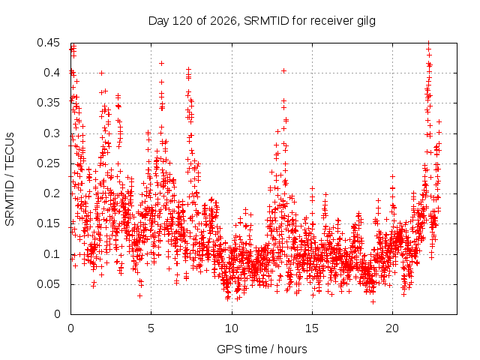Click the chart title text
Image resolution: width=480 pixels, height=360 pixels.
[x=262, y=21]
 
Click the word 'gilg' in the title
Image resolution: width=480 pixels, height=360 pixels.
[x=366, y=22]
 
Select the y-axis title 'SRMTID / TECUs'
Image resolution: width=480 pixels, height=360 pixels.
[x=10, y=179]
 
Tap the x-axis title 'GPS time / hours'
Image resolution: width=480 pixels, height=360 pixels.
[x=262, y=349]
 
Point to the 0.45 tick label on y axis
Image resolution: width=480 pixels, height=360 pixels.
[x=48, y=43]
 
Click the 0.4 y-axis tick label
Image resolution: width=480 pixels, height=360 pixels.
[x=52, y=73]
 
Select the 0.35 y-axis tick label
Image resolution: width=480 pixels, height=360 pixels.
[x=48, y=103]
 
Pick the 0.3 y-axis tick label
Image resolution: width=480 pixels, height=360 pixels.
[x=52, y=133]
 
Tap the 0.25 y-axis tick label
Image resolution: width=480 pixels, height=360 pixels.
[x=48, y=163]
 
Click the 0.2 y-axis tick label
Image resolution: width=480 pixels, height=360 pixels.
[x=52, y=193]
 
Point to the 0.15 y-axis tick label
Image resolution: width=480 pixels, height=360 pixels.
[x=48, y=223]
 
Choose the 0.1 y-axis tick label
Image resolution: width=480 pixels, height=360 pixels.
[x=52, y=253]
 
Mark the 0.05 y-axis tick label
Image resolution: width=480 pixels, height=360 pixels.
[x=48, y=284]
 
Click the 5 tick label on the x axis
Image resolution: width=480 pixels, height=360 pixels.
[x=151, y=328]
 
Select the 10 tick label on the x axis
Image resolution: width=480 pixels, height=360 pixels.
[x=232, y=328]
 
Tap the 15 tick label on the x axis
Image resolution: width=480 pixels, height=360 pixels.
[x=312, y=328]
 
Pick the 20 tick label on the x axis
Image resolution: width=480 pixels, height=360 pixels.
[x=392, y=328]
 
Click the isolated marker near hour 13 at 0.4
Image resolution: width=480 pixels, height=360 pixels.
[x=283, y=71]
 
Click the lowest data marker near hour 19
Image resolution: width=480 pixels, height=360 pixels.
[x=373, y=301]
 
